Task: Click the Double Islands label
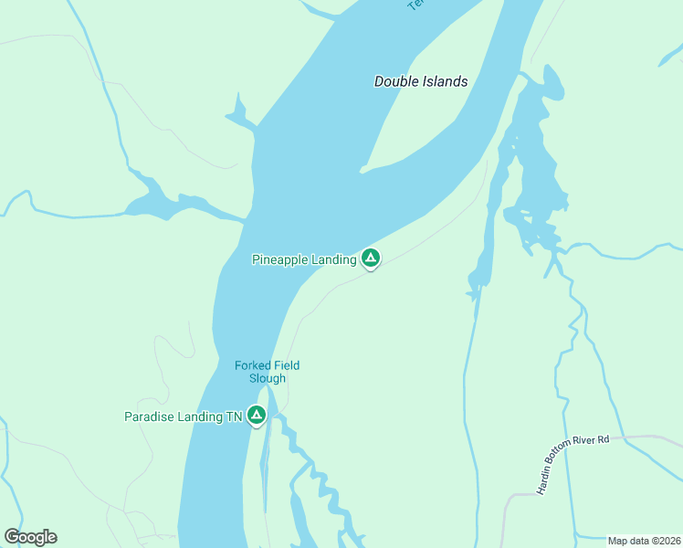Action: click(421, 81)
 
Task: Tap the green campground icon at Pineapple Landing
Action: click(370, 259)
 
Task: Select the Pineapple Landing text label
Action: click(304, 260)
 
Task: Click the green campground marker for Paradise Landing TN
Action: click(257, 416)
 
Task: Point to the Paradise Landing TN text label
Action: click(183, 417)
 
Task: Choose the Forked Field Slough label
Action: click(267, 372)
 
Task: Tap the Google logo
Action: click(30, 537)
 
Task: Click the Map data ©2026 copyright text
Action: click(644, 541)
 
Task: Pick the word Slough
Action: click(267, 378)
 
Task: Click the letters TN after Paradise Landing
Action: click(234, 417)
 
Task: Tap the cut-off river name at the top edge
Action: click(416, 5)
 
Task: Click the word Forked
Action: click(253, 365)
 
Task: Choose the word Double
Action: click(394, 81)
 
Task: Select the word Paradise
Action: click(149, 417)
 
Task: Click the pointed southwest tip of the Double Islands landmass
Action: click(363, 169)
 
